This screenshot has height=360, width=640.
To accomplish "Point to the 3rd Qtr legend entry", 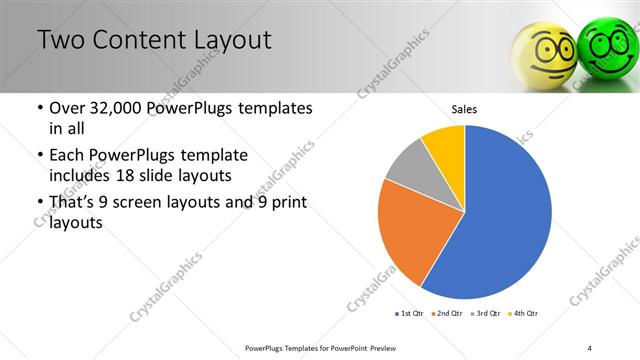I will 486,314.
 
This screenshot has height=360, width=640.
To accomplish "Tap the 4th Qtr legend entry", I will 524,314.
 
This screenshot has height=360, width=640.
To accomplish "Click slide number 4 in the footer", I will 590,347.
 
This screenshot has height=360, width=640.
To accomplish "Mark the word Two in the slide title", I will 61,41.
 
